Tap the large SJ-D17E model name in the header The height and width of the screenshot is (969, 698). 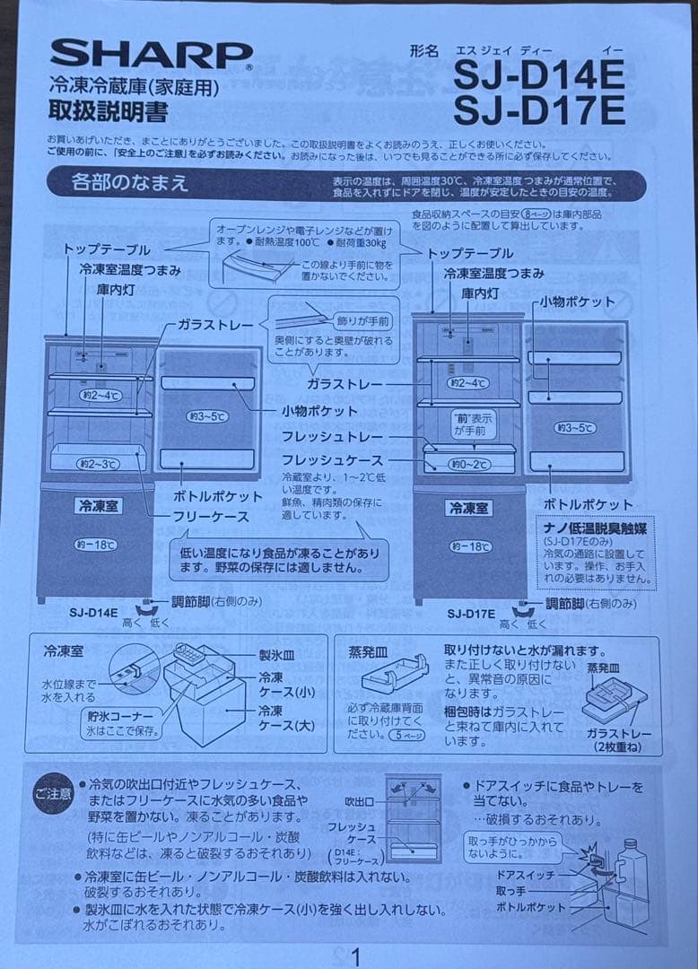pyautogui.click(x=538, y=110)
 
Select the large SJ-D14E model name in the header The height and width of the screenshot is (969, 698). pyautogui.click(x=538, y=74)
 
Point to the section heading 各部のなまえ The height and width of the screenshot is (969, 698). pyautogui.click(x=130, y=183)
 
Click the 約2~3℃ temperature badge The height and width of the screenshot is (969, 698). pyautogui.click(x=98, y=464)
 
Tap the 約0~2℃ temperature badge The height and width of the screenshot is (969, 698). pyautogui.click(x=470, y=465)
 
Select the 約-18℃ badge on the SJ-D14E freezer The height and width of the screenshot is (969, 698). pyautogui.click(x=95, y=545)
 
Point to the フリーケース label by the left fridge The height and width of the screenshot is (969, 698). pyautogui.click(x=212, y=517)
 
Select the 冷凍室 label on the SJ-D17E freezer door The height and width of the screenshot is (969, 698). pyautogui.click(x=468, y=508)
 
